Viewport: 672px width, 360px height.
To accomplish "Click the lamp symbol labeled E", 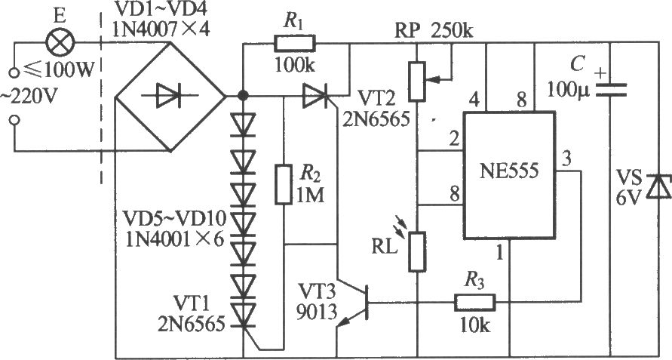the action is [60, 42].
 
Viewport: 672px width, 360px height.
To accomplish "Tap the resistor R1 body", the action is [294, 43].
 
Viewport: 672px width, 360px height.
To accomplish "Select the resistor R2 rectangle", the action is [284, 183].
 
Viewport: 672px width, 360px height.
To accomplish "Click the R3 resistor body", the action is [475, 303].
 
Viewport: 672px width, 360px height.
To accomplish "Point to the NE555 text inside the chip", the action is [509, 171].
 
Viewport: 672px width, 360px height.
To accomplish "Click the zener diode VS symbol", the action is [658, 186].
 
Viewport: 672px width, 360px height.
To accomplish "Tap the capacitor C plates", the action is [610, 90].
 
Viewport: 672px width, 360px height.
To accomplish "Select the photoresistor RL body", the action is [417, 251].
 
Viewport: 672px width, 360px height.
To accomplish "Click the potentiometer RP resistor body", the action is [417, 81].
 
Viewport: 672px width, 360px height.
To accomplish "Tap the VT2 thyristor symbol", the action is [315, 96].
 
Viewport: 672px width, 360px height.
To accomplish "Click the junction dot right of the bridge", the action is [243, 95].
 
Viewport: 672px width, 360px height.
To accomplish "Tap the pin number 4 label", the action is [474, 101].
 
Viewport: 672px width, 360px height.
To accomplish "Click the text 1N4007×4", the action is [161, 29].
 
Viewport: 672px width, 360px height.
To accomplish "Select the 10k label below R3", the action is [474, 327].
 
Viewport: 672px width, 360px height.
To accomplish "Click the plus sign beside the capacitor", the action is [602, 73].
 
